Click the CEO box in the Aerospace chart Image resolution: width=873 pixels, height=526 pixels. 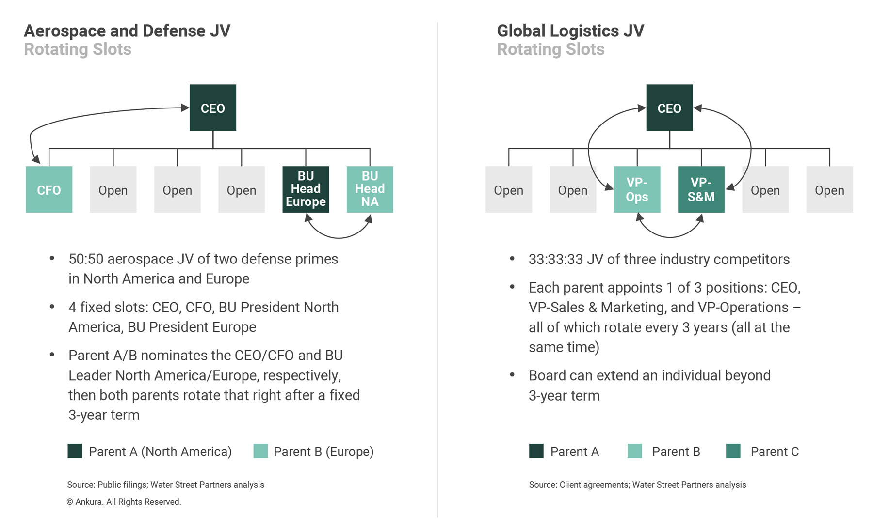[213, 108]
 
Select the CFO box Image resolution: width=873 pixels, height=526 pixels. [49, 189]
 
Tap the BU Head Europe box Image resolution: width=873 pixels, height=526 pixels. [306, 189]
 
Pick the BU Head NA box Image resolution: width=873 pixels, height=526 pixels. [370, 189]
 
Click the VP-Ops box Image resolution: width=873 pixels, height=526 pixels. [637, 189]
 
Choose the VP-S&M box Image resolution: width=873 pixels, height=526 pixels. [701, 189]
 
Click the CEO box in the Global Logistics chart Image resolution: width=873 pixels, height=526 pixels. [669, 108]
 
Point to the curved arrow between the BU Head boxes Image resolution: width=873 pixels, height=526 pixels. [338, 238]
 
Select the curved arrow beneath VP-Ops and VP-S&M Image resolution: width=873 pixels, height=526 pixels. [669, 237]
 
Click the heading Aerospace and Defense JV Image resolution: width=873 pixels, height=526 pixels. [127, 31]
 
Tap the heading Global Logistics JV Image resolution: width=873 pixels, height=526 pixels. [570, 31]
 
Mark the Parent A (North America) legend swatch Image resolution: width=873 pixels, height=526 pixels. [75, 451]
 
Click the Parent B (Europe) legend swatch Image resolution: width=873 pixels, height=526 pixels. [260, 451]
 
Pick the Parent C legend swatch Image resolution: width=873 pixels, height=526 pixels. [733, 451]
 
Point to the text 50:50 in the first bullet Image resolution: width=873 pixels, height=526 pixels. [86, 259]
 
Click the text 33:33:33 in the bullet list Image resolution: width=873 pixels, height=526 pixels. [556, 259]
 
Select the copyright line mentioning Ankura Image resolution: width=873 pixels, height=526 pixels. [124, 502]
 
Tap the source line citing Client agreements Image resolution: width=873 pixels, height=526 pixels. [637, 485]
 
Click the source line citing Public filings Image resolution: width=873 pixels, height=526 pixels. [165, 485]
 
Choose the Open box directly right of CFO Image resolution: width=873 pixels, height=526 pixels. [113, 189]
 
